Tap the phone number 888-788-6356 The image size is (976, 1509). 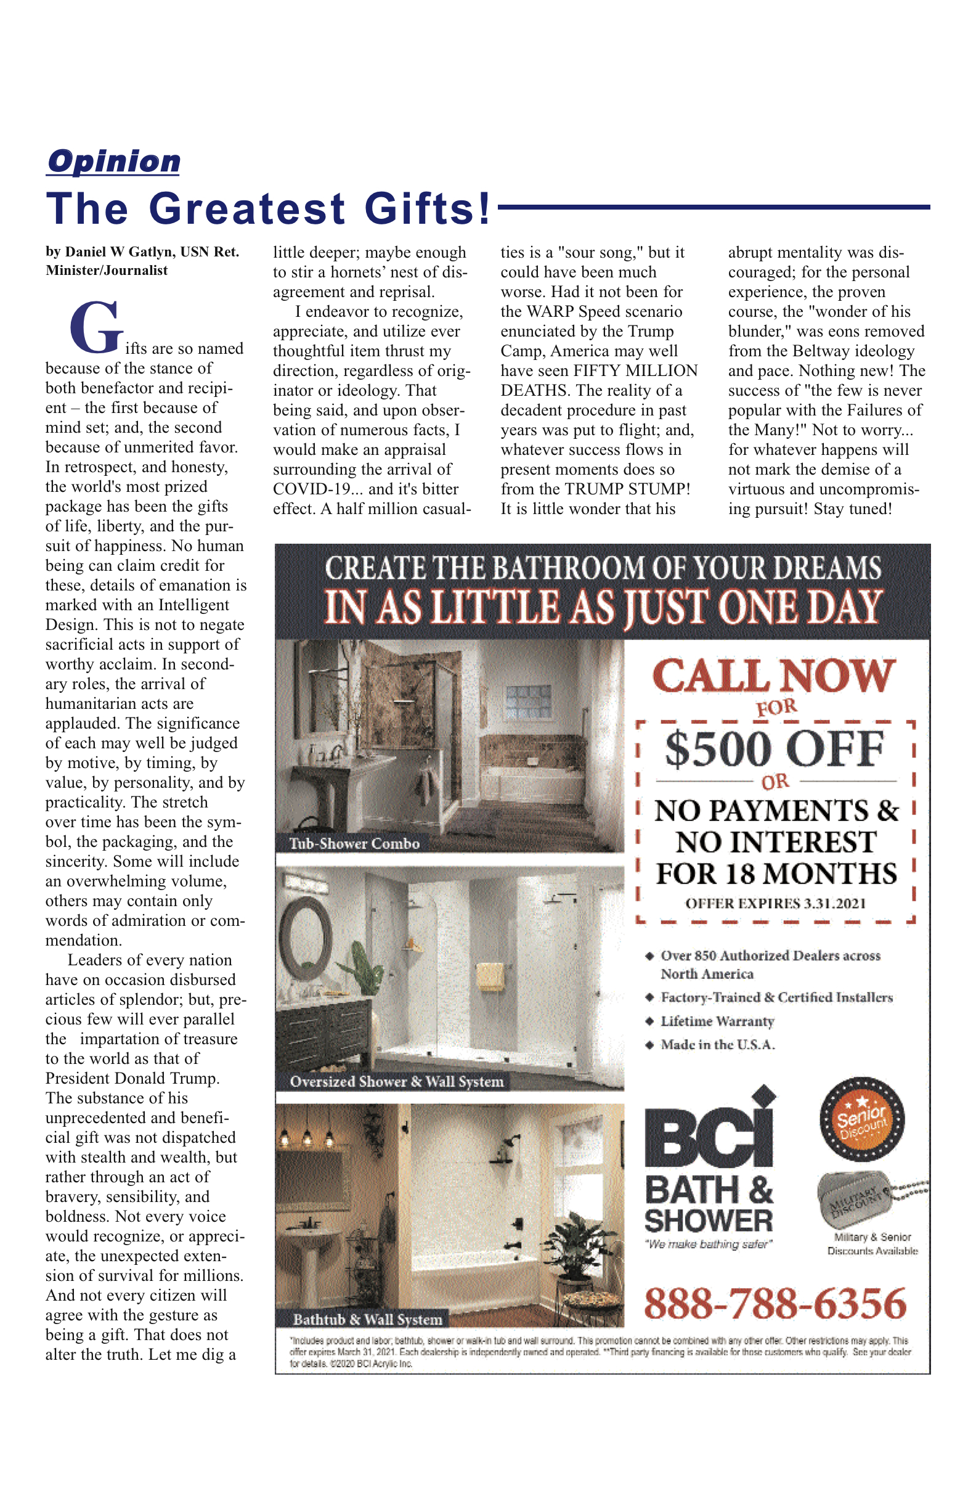[775, 1304]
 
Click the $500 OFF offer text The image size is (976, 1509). [775, 750]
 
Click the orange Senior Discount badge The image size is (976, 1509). [861, 1119]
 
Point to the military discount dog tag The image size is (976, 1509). [856, 1199]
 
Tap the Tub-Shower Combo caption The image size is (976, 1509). [354, 844]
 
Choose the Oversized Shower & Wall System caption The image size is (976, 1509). [397, 1082]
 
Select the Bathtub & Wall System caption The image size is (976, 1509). [368, 1319]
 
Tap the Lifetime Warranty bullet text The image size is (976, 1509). [717, 1021]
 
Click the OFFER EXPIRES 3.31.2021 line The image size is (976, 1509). [775, 904]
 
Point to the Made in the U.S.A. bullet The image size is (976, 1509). [717, 1045]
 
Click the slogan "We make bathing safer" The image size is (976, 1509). [708, 1244]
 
